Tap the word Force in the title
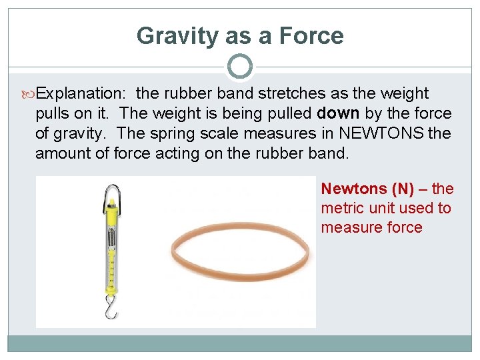313,35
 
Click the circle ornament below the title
240,67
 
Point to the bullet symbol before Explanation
29,94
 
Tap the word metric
340,208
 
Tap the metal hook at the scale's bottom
109,307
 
